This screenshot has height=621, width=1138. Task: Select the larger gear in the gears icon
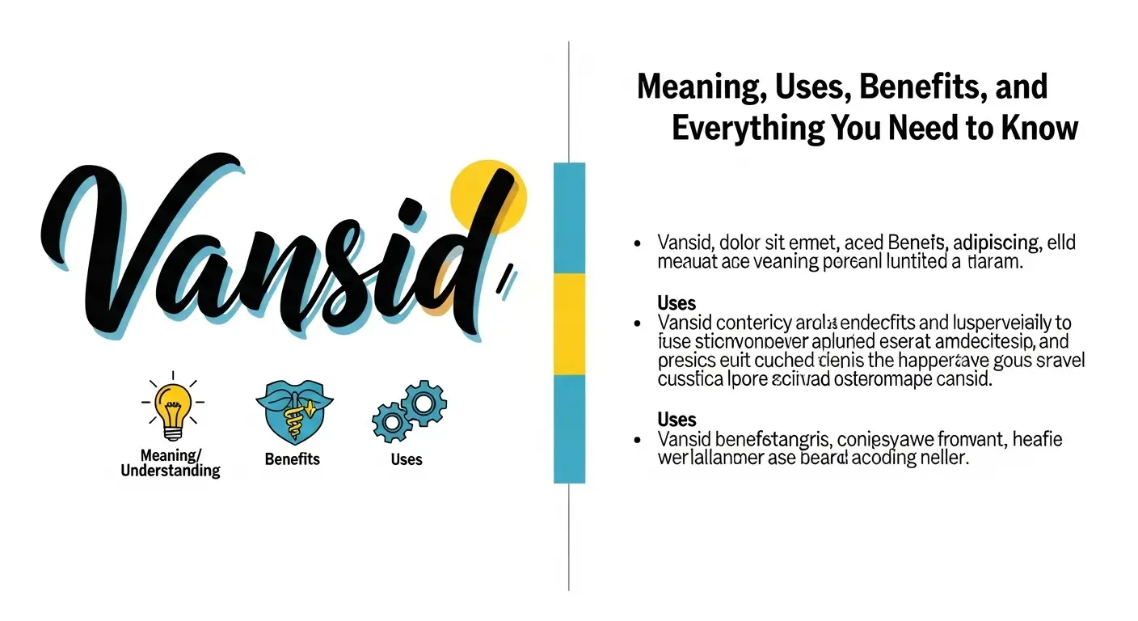coord(424,403)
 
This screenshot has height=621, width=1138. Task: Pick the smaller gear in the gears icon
coord(390,422)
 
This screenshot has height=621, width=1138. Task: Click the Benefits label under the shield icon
coord(292,459)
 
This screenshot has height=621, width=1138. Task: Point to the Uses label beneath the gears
coord(407,459)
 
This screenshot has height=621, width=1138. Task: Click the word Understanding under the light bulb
coord(170,471)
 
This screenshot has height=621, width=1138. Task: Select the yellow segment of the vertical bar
coord(569,323)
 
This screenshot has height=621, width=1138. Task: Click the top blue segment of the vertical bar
coord(569,217)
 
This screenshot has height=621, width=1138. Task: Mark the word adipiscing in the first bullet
coord(996,242)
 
